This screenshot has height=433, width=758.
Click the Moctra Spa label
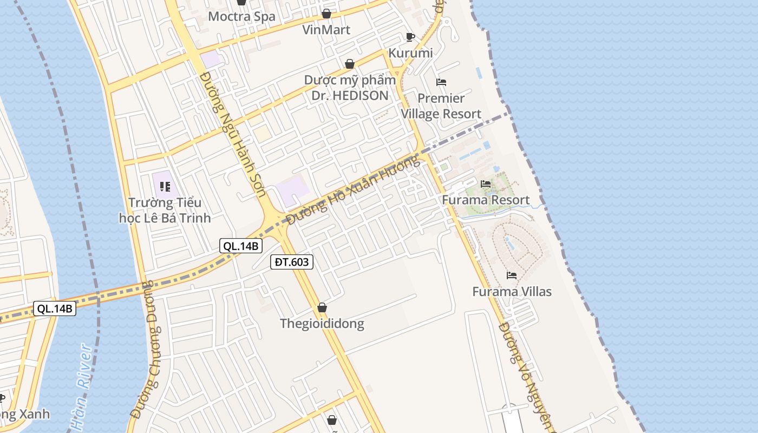click(241, 16)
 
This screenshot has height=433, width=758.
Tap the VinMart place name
click(326, 30)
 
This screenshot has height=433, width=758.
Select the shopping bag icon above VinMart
click(326, 13)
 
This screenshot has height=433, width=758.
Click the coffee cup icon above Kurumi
click(410, 37)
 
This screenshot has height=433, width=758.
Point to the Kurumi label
click(410, 53)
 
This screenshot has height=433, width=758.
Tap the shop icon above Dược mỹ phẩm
click(350, 64)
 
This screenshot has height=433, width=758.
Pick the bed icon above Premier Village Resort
click(441, 82)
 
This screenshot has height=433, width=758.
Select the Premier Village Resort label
click(441, 106)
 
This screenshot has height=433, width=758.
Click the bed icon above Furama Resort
click(486, 184)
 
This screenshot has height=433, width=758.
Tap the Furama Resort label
click(486, 200)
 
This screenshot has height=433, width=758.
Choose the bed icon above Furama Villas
click(512, 275)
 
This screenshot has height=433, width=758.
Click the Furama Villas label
click(512, 292)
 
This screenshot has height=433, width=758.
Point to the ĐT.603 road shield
click(292, 263)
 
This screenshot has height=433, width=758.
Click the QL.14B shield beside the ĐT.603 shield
click(241, 246)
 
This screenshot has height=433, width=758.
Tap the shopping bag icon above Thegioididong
click(322, 308)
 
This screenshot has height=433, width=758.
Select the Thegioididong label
click(322, 324)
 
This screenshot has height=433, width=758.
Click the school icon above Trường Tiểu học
click(165, 187)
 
